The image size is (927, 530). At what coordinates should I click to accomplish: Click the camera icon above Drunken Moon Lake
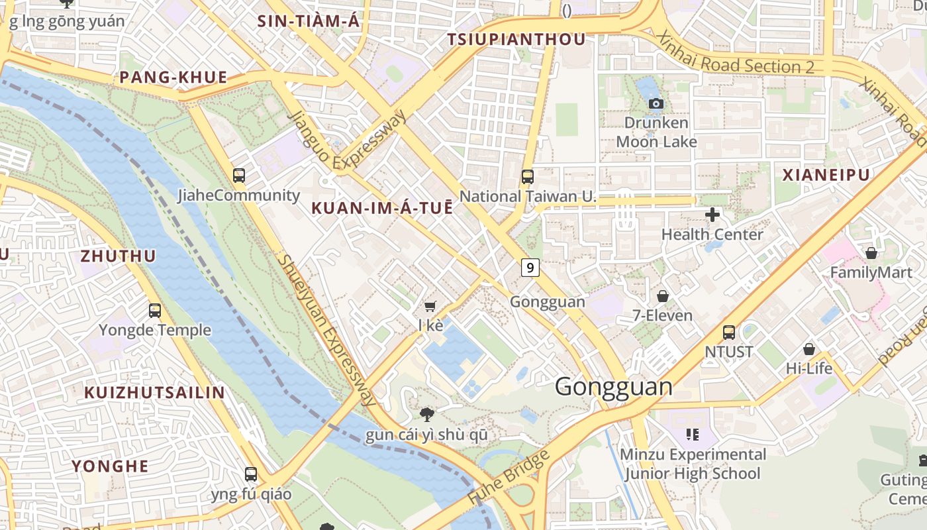click(656, 104)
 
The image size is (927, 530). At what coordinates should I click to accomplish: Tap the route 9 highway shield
click(530, 268)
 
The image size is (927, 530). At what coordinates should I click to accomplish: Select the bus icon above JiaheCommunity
click(239, 176)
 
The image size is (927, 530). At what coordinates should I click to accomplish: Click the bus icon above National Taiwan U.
click(528, 177)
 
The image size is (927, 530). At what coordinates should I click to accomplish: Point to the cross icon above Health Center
click(712, 215)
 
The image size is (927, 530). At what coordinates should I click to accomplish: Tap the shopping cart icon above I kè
click(430, 306)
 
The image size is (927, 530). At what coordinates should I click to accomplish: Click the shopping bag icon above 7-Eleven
click(662, 296)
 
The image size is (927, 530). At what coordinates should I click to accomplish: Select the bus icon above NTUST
click(729, 333)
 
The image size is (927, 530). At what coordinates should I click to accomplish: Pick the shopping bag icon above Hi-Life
click(809, 349)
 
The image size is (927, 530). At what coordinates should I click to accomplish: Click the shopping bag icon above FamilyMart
click(871, 253)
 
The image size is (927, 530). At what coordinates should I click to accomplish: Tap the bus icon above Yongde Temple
click(155, 310)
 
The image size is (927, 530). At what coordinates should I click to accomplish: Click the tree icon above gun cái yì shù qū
click(427, 415)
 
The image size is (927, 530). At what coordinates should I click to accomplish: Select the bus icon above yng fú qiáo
click(251, 474)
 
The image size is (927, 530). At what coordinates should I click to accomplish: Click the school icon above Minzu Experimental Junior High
click(693, 435)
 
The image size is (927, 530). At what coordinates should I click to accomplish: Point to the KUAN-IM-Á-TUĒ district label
click(382, 208)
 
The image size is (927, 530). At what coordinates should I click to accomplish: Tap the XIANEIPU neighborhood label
click(826, 175)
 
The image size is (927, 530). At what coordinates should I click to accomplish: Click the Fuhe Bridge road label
click(509, 478)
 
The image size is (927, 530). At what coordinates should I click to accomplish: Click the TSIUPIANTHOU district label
click(516, 40)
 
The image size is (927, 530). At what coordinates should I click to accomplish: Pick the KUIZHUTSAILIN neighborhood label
click(154, 392)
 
